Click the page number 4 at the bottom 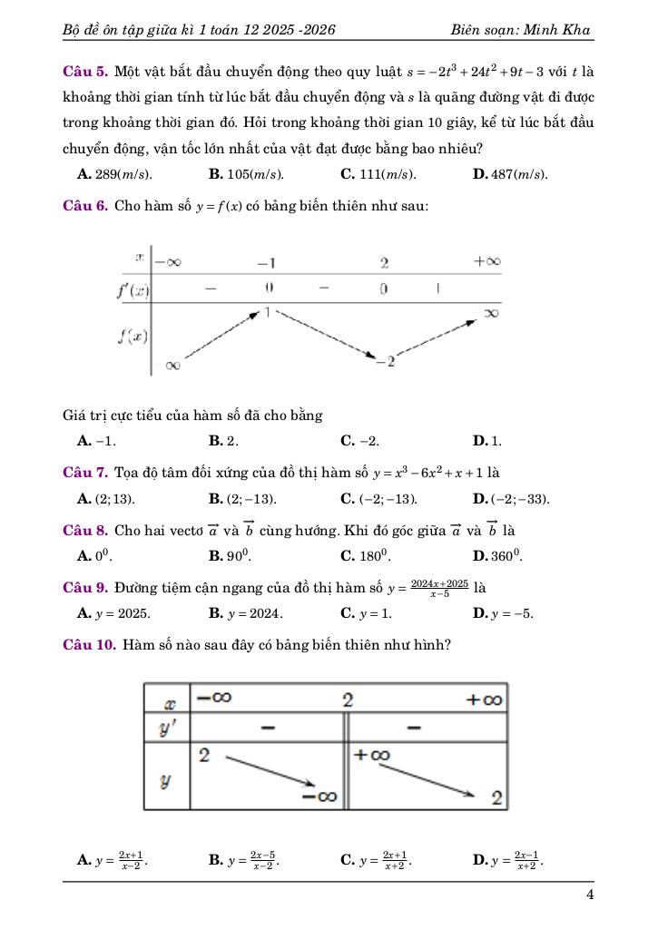(590, 895)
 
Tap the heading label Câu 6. (85, 206)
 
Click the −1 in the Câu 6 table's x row (266, 263)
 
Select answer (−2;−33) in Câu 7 (519, 499)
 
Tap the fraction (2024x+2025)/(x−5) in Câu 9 (439, 588)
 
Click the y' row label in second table (167, 728)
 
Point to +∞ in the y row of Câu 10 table (371, 755)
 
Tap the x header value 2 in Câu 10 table (347, 700)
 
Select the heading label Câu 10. (89, 646)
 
